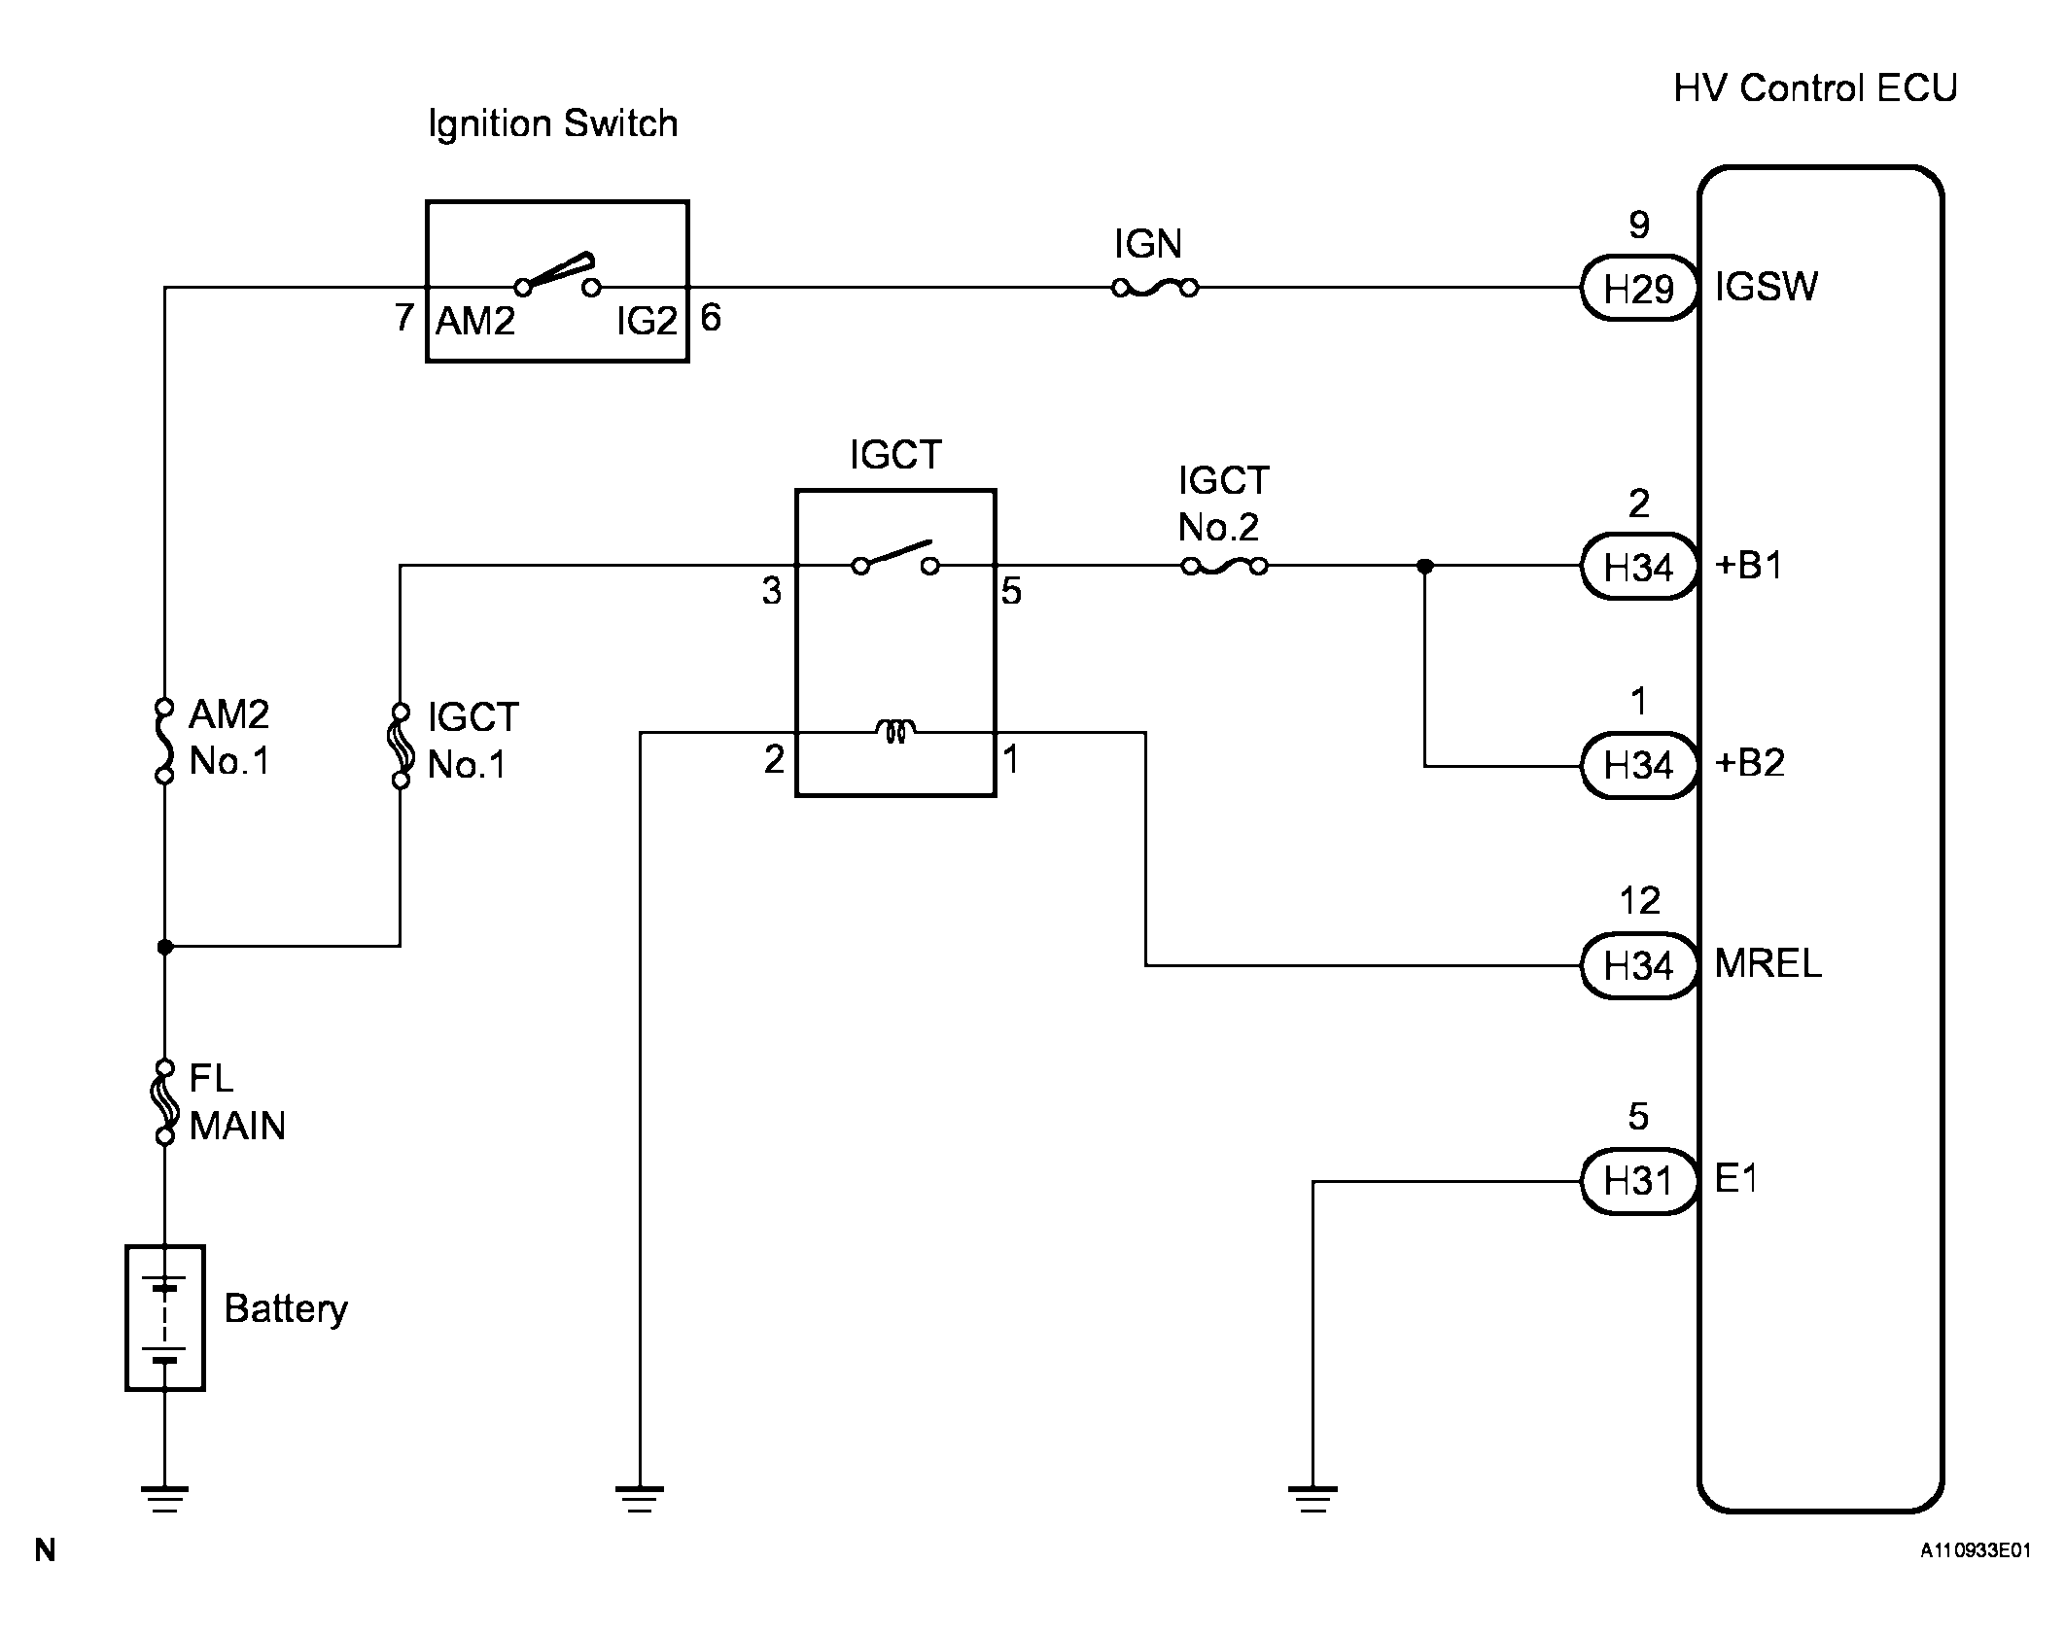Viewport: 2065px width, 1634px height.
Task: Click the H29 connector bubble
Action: (x=1638, y=289)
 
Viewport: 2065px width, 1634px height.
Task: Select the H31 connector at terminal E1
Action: (x=1638, y=1181)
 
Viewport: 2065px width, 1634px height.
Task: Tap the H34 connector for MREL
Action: (x=1638, y=965)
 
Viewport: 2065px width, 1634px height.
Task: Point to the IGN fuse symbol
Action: (x=1154, y=288)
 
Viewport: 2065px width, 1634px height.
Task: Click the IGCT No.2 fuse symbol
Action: (x=1224, y=566)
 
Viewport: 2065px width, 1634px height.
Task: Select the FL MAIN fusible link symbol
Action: (x=165, y=1101)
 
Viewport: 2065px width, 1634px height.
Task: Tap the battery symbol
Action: (x=165, y=1317)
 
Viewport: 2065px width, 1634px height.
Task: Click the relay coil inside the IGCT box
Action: (x=895, y=731)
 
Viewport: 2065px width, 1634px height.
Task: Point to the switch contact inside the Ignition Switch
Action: (x=558, y=276)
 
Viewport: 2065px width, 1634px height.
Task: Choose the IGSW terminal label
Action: (x=1766, y=288)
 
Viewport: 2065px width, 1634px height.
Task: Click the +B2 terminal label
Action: (x=1750, y=764)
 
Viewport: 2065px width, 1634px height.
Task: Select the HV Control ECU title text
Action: (x=1814, y=88)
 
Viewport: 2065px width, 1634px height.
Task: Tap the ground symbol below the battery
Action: (x=165, y=1500)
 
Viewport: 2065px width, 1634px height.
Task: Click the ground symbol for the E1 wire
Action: (x=1312, y=1500)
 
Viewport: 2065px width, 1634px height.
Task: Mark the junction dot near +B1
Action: (x=1424, y=566)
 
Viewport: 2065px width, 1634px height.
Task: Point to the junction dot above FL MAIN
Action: (x=165, y=946)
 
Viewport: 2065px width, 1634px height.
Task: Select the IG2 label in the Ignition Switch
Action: (x=646, y=321)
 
